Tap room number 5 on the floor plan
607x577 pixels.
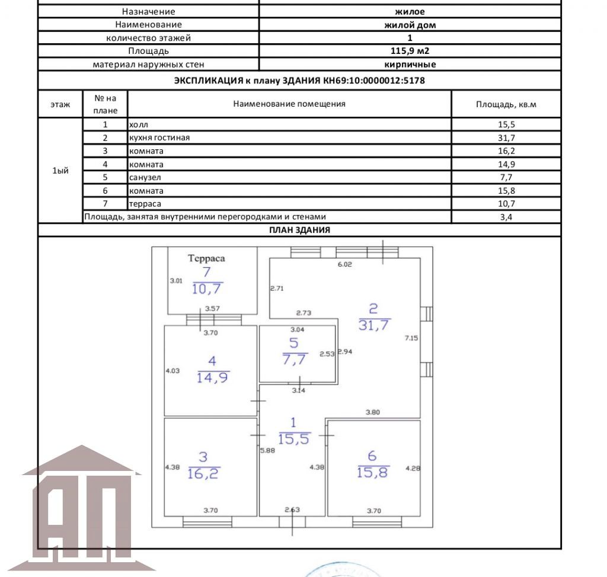pyautogui.click(x=294, y=343)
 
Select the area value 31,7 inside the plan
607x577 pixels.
pyautogui.click(x=373, y=324)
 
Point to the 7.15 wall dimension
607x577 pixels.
pyautogui.click(x=411, y=338)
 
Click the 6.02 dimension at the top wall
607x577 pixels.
pyautogui.click(x=344, y=265)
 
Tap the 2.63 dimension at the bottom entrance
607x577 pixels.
pyautogui.click(x=293, y=509)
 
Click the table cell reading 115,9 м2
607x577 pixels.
pyautogui.click(x=410, y=52)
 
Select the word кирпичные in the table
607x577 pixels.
pyautogui.click(x=410, y=65)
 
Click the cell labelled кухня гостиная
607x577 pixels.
pyautogui.click(x=159, y=138)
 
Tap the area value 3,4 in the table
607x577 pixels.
pyautogui.click(x=506, y=217)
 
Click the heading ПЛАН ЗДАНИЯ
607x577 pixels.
pyautogui.click(x=299, y=230)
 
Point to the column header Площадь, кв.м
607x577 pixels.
pyautogui.click(x=506, y=104)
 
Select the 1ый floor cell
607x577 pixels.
pyautogui.click(x=60, y=171)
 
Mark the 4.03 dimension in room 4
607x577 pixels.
pyautogui.click(x=172, y=371)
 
